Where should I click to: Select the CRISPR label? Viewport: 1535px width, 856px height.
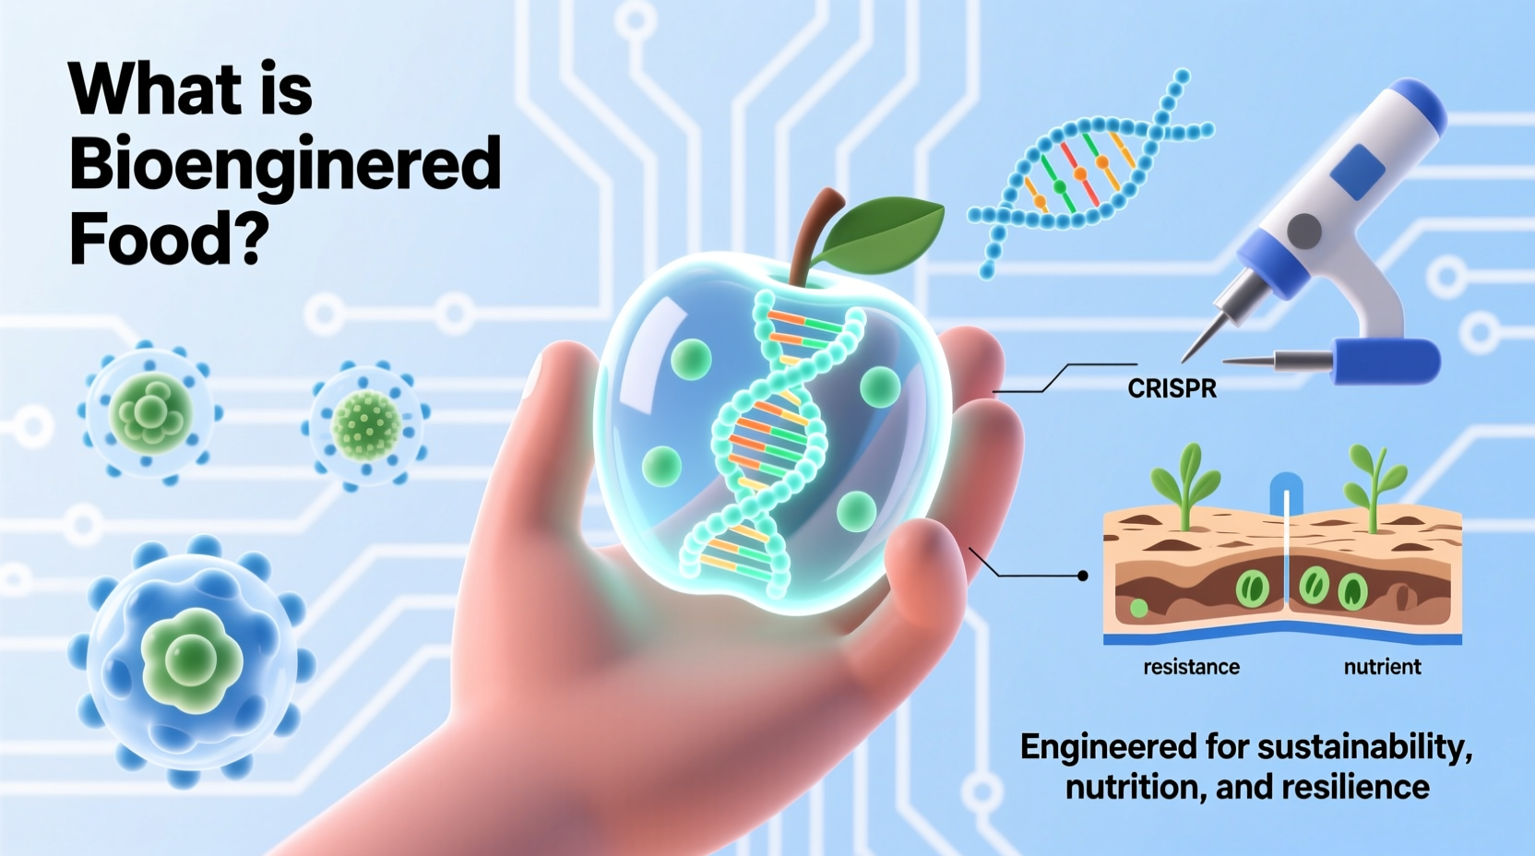[x=1172, y=388]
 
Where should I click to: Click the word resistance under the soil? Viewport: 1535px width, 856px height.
[x=1191, y=667]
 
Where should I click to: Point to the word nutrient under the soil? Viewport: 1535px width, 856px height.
[x=1382, y=667]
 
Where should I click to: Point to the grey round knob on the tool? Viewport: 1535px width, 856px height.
[x=1304, y=231]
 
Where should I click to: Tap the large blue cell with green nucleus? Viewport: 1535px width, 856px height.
[x=191, y=657]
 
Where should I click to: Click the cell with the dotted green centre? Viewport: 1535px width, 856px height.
[x=366, y=425]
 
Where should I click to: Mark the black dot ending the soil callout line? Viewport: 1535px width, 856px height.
[x=1083, y=576]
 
